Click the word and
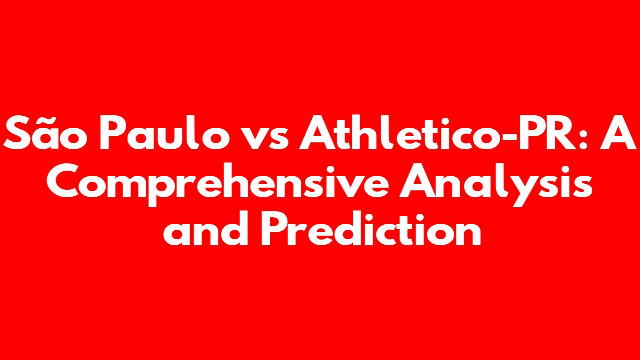point(206,228)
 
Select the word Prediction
point(371,228)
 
